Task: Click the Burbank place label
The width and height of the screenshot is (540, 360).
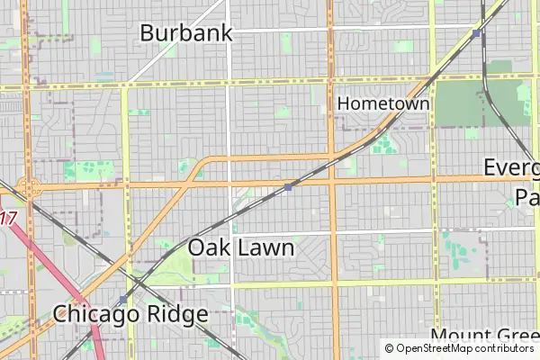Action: tap(186, 33)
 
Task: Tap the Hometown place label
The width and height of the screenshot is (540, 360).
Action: tap(382, 103)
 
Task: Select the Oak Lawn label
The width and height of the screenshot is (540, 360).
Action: tap(241, 247)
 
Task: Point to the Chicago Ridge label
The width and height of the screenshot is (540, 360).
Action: tap(130, 314)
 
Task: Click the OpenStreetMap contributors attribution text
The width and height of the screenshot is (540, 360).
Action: tap(459, 348)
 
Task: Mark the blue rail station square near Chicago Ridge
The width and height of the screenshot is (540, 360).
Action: tap(123, 300)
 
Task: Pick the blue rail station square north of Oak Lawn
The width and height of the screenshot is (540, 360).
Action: tap(288, 186)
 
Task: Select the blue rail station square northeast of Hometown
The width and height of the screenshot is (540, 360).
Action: tap(476, 33)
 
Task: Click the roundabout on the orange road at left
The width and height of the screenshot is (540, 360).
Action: tap(31, 188)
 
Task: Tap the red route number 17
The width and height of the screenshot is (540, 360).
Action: tap(8, 218)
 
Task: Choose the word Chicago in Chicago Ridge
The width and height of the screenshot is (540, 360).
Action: tap(94, 314)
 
